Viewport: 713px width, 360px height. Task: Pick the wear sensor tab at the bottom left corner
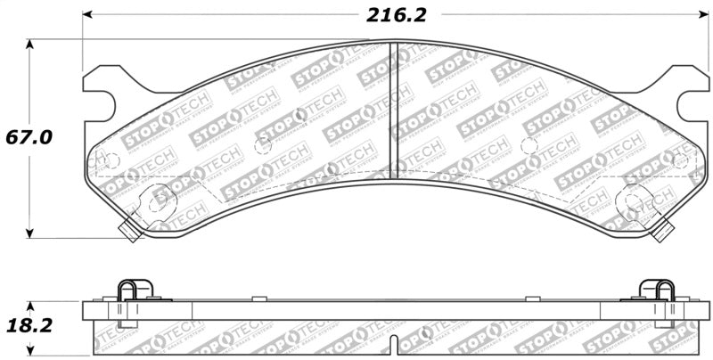point(128,231)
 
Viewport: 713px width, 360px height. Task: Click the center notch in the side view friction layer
point(395,342)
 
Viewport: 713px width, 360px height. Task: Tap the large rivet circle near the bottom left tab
point(159,199)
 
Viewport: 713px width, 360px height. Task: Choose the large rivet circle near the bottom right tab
point(632,200)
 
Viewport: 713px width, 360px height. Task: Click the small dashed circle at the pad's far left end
point(108,161)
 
